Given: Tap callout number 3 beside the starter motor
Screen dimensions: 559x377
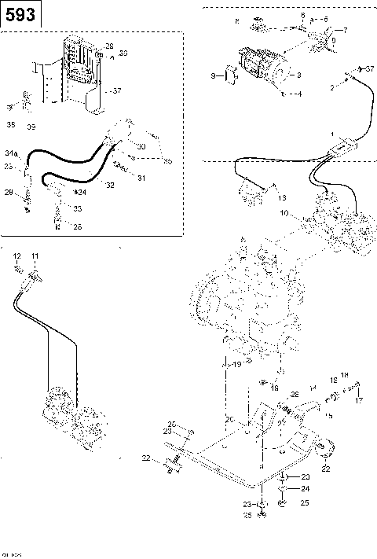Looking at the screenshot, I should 297,76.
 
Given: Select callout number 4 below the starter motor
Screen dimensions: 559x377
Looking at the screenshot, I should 300,94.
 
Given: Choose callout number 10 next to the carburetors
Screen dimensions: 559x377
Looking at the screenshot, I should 285,212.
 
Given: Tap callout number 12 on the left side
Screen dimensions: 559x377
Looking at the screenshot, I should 16,257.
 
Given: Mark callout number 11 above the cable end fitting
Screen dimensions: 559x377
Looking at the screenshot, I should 35,257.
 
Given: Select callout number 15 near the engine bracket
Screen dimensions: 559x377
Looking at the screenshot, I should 328,415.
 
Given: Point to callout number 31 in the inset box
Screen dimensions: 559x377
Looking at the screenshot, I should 141,178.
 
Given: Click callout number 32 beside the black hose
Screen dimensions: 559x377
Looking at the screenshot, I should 110,186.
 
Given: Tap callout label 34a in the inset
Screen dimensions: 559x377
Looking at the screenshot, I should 12,152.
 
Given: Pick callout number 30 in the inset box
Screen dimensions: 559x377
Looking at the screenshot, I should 141,147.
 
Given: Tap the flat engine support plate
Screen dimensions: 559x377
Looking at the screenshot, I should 236,464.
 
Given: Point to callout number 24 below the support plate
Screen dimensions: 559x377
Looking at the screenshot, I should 306,488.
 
